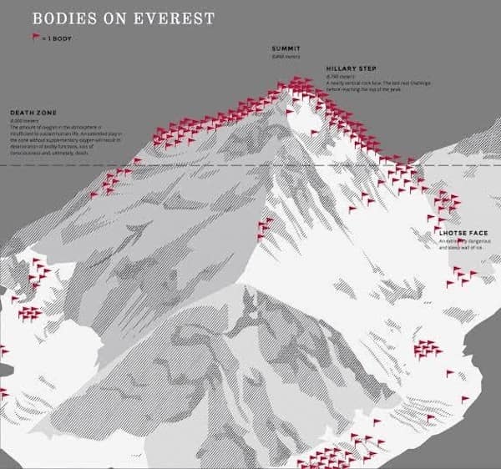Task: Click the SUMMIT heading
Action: click(x=286, y=49)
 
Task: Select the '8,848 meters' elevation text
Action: click(x=285, y=57)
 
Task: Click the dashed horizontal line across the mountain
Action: click(x=209, y=166)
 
